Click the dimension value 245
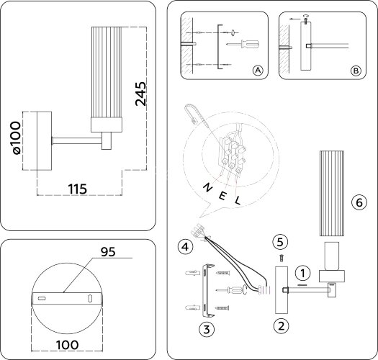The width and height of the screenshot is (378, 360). tap(142, 94)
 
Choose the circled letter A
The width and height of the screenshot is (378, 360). tap(257, 71)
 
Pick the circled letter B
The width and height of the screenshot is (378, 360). tap(356, 71)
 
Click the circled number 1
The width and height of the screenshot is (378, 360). tap(305, 273)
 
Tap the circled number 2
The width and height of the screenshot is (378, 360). tap(282, 325)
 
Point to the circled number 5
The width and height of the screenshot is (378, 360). tap(282, 240)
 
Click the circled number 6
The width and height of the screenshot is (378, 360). tap(356, 202)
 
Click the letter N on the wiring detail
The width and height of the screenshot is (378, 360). tap(207, 186)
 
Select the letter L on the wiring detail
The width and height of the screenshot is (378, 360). tap(237, 201)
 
